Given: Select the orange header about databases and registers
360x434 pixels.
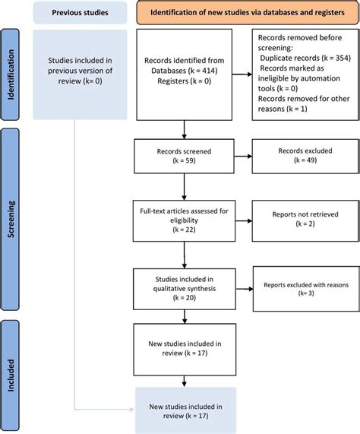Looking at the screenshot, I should coord(238,13).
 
